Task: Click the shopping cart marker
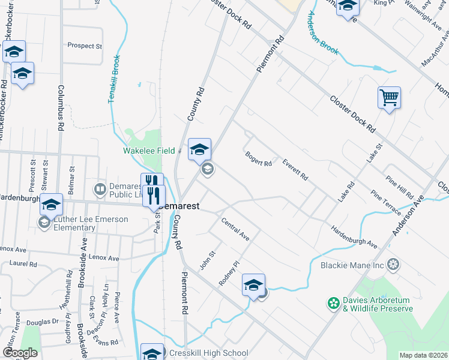coord(389,97)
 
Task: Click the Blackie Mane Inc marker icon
coord(393,264)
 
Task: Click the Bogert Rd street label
coord(259,159)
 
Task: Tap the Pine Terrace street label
coord(386,203)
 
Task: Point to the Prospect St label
coord(85,46)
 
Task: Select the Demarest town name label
coord(179,205)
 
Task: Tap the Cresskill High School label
coord(208,353)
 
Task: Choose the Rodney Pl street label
coord(229,272)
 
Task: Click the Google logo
coord(20,353)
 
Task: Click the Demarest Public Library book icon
coord(100,189)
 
